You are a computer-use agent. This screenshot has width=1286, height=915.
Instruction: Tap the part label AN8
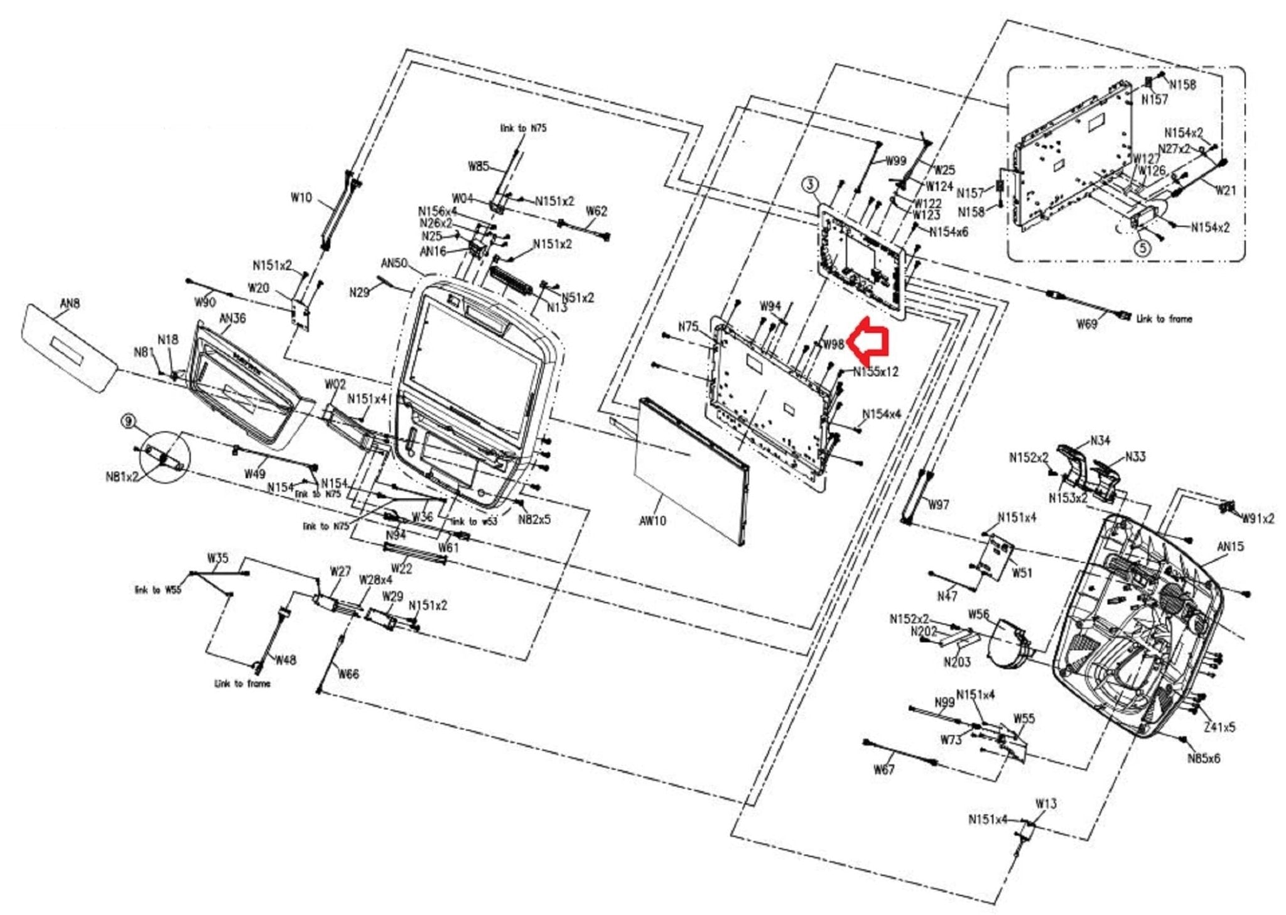tap(70, 304)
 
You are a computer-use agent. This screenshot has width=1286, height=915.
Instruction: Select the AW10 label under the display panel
tap(652, 520)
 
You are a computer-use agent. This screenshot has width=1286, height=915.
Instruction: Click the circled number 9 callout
tap(129, 420)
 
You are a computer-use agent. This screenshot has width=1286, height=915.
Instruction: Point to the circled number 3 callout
tap(811, 184)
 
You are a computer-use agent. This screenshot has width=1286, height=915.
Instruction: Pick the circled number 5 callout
tap(1142, 248)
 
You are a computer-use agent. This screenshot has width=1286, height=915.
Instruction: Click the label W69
tap(1086, 324)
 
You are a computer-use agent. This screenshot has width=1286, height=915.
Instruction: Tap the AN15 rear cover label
tap(1230, 546)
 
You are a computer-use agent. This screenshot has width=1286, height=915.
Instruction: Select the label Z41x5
tap(1219, 726)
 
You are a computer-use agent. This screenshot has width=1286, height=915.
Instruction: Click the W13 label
tap(1046, 803)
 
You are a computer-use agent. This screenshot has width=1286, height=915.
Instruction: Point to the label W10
tap(301, 197)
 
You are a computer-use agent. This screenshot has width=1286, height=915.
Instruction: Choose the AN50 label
tap(394, 263)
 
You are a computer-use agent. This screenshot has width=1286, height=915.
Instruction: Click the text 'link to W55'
tap(158, 589)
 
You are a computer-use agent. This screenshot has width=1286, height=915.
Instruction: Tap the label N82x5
tap(534, 519)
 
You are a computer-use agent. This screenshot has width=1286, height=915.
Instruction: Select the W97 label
tap(938, 505)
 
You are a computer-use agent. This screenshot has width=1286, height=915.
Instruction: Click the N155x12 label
tap(875, 371)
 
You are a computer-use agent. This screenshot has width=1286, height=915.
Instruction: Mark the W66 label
tap(349, 674)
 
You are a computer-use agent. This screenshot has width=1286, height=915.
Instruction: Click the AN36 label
tap(232, 318)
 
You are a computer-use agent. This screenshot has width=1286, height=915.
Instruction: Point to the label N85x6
tap(1203, 758)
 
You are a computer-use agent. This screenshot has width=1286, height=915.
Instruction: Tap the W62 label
tap(596, 211)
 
